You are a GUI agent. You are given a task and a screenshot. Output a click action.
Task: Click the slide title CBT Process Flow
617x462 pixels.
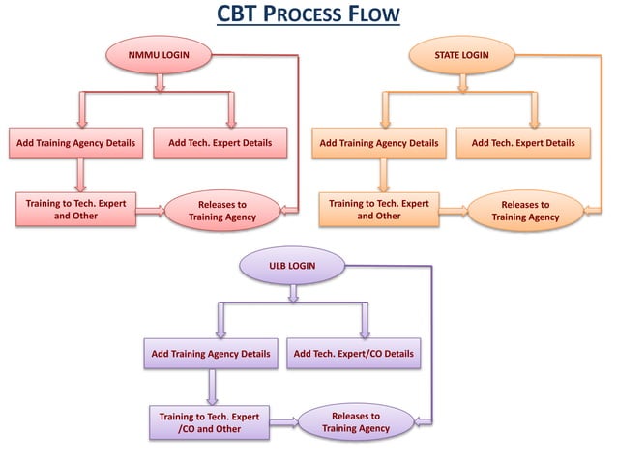click(308, 16)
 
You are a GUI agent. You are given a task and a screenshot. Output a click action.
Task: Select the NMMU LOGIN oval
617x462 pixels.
click(160, 56)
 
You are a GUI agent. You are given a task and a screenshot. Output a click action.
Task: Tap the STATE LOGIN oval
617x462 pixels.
click(461, 56)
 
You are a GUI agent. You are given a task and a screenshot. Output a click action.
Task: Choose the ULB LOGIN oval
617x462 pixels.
click(291, 265)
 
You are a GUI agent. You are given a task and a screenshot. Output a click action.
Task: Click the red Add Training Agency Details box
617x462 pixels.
click(73, 144)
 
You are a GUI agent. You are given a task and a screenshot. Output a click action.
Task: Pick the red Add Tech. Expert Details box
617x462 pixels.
click(220, 143)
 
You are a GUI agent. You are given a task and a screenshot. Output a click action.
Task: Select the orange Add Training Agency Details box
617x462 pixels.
click(378, 144)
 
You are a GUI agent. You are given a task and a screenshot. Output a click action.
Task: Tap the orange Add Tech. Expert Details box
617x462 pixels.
click(523, 143)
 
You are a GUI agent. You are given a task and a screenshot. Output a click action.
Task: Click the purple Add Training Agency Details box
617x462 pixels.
click(211, 354)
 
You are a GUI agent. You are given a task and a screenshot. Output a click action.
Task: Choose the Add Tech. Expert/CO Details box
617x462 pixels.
click(353, 354)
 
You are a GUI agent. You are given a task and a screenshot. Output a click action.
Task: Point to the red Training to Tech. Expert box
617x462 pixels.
click(75, 210)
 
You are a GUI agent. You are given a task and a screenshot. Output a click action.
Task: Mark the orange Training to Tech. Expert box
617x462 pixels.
click(379, 210)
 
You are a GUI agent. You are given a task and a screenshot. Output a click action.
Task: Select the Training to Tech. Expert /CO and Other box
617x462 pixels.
click(209, 422)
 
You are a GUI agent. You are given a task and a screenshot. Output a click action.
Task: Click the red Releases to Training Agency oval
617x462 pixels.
click(221, 211)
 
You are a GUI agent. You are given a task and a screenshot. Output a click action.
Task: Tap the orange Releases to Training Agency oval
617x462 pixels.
click(524, 211)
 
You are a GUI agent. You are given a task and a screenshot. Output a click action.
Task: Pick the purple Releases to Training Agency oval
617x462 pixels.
click(356, 421)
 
